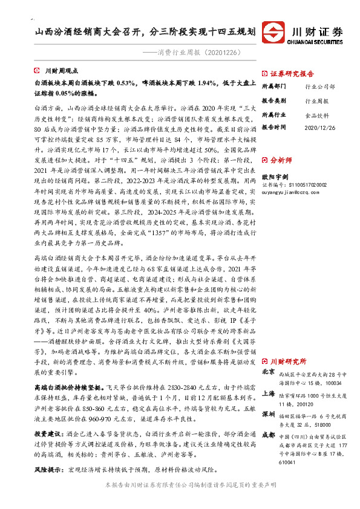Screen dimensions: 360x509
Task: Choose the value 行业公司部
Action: tap(320, 86)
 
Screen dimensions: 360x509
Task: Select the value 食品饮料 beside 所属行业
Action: tap(316, 114)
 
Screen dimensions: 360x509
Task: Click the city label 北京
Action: tap(268, 372)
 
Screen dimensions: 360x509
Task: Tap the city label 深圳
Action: tap(268, 417)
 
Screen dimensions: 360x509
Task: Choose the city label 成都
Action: tap(268, 435)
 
